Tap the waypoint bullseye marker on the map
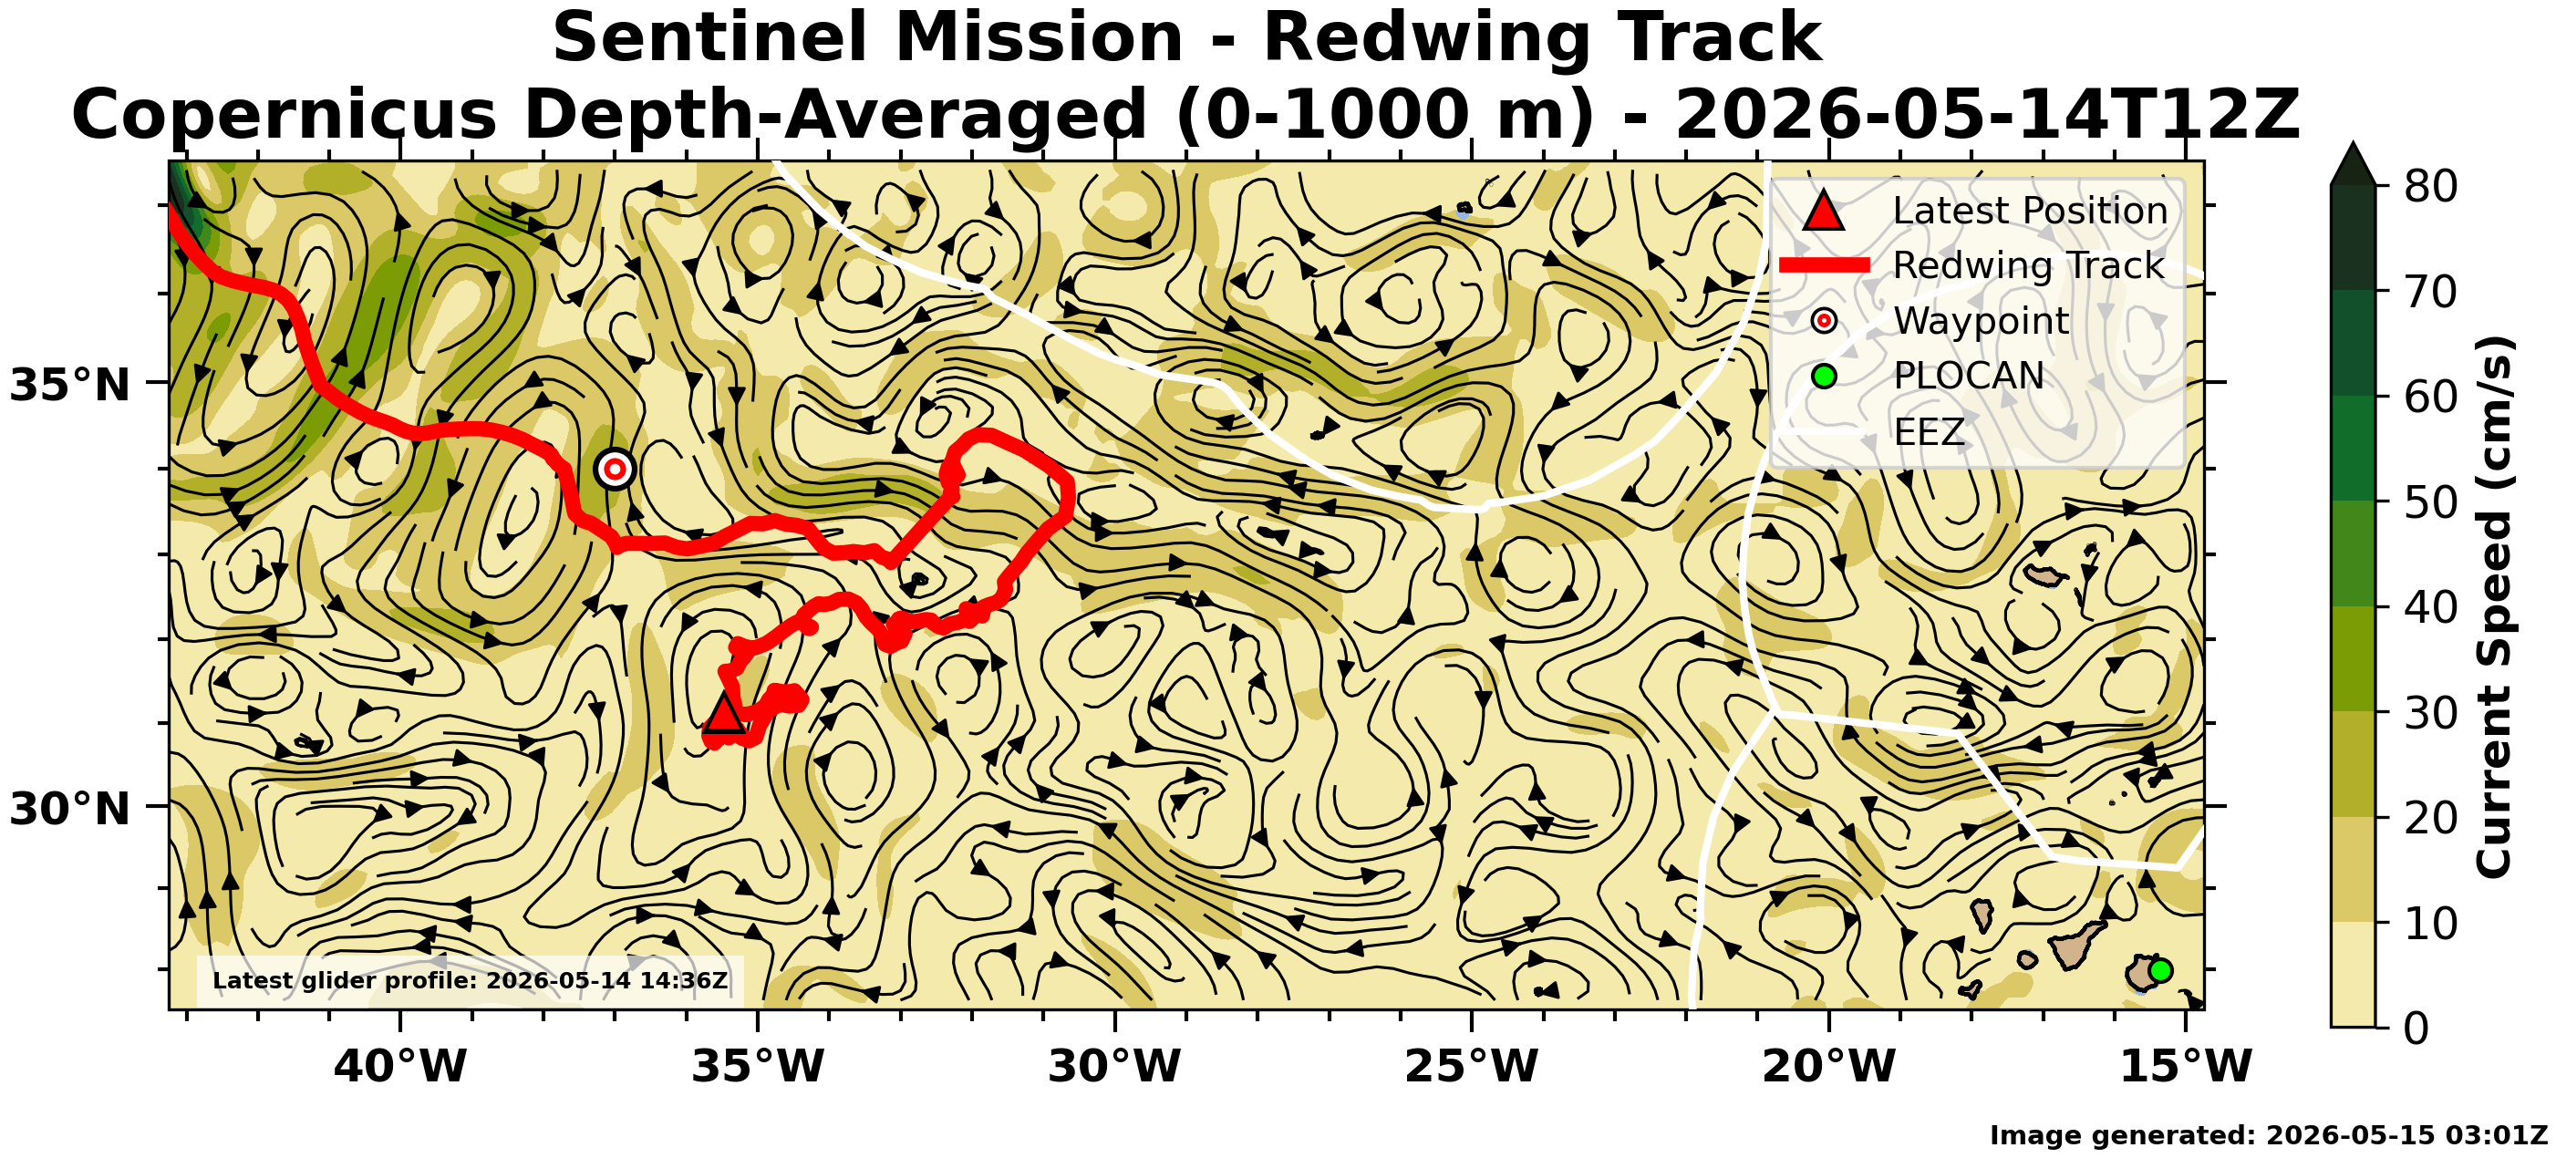click(616, 469)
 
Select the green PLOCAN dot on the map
click(2160, 970)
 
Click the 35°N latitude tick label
click(69, 385)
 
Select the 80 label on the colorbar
click(2431, 186)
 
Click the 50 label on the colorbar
click(2431, 502)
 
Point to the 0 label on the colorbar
click(2417, 1028)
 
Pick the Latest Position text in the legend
click(2030, 211)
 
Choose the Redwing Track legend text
click(2028, 265)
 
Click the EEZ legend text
click(1929, 431)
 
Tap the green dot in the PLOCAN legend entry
click(1824, 376)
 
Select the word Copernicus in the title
click(284, 114)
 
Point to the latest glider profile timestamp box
click(471, 981)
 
